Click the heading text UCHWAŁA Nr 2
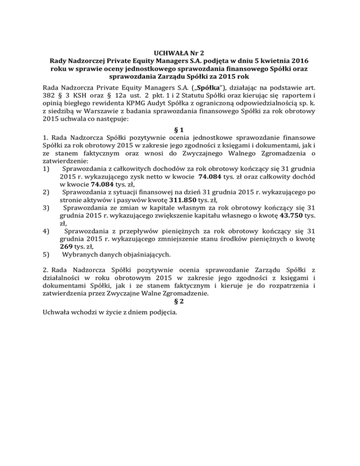[180, 51]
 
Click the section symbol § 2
[180, 303]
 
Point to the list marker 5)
[45, 256]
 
